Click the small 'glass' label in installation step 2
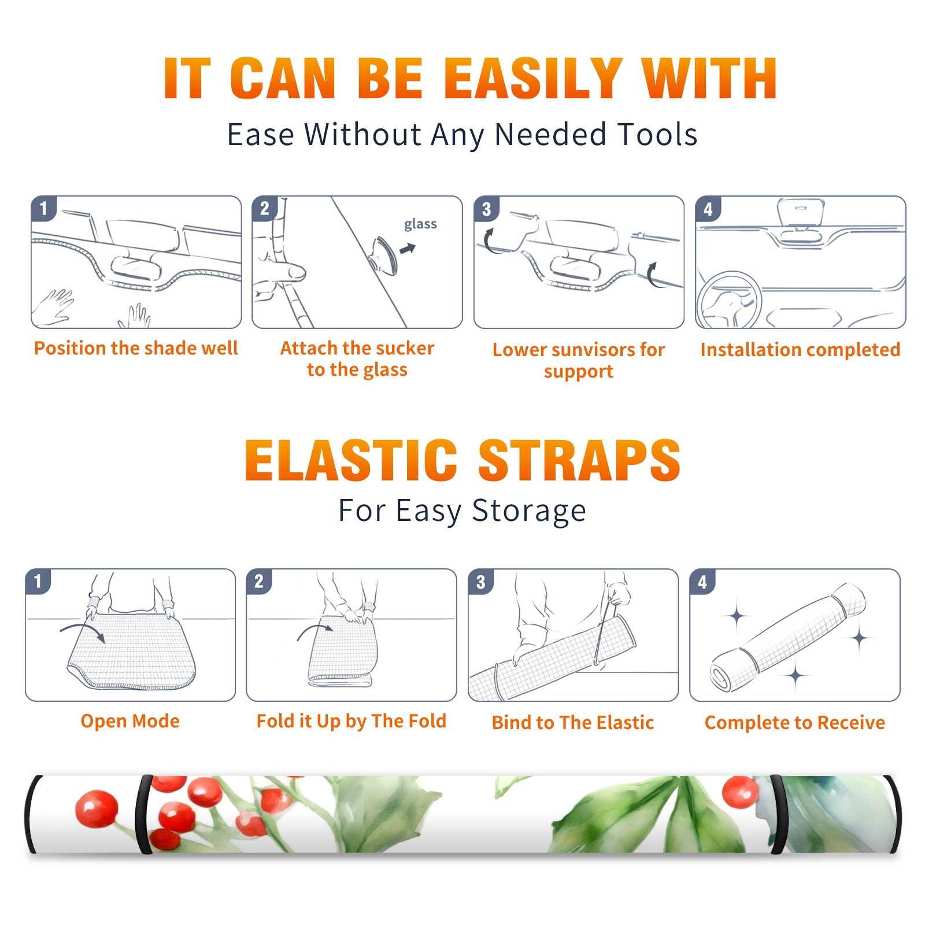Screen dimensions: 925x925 tap(420, 224)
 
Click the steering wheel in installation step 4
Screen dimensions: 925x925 tap(728, 300)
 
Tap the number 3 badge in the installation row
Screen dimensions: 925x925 tap(486, 209)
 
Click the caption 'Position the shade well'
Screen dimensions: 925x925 tap(136, 348)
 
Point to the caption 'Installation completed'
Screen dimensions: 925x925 tap(800, 350)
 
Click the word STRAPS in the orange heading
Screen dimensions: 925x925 tap(579, 460)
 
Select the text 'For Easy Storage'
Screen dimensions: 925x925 tap(462, 511)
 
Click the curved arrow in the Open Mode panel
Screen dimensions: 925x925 tap(83, 630)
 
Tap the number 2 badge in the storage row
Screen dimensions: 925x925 tap(258, 582)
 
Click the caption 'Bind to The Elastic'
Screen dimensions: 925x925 tap(572, 723)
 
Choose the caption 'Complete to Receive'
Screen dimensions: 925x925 tap(794, 723)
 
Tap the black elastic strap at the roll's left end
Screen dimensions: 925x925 tap(33, 814)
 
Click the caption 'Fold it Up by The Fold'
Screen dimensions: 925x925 tap(351, 721)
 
